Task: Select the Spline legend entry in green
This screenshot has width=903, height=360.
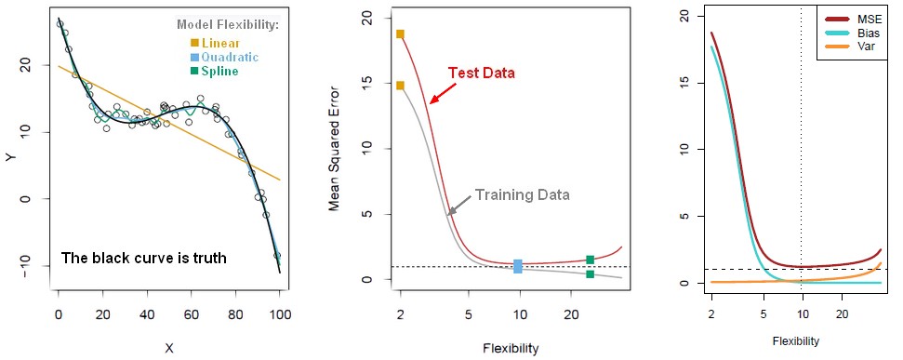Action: point(219,71)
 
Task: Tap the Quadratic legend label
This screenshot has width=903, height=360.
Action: point(228,57)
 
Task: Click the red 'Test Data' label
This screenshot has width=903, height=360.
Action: point(481,73)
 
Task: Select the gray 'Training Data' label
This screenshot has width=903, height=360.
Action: point(522,195)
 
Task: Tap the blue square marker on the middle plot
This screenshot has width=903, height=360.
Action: point(518,266)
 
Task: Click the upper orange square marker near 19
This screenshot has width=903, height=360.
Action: point(400,34)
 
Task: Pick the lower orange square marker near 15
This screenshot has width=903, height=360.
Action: point(400,86)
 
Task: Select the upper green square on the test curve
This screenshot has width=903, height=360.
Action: point(590,260)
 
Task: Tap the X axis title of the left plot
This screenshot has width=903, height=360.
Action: point(168,348)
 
